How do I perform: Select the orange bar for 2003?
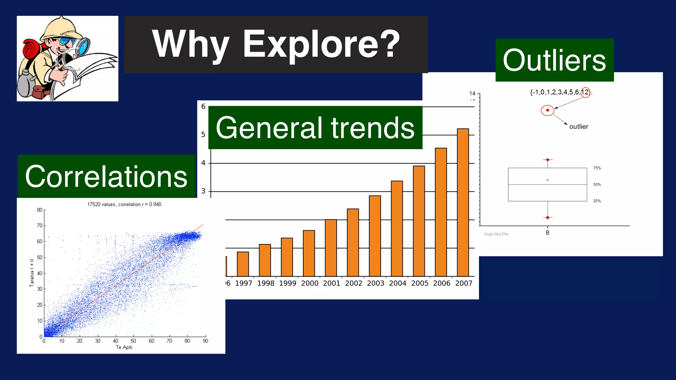coord(375,236)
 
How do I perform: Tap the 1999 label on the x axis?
coord(287,283)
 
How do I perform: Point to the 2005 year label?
coord(420,283)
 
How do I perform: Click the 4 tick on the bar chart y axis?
coord(203,163)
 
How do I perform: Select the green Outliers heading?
coord(554,60)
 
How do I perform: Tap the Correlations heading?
coord(106,177)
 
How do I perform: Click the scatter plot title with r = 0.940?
coord(124,205)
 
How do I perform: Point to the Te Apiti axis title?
coord(124,347)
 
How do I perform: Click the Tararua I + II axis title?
coord(32,273)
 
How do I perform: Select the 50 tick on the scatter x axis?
coord(133,341)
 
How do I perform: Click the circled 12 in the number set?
coord(585,92)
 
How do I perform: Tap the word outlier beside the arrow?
coord(579,127)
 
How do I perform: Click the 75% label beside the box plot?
coord(597,168)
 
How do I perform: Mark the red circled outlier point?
coord(548,110)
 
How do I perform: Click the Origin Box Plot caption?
coord(496,234)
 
